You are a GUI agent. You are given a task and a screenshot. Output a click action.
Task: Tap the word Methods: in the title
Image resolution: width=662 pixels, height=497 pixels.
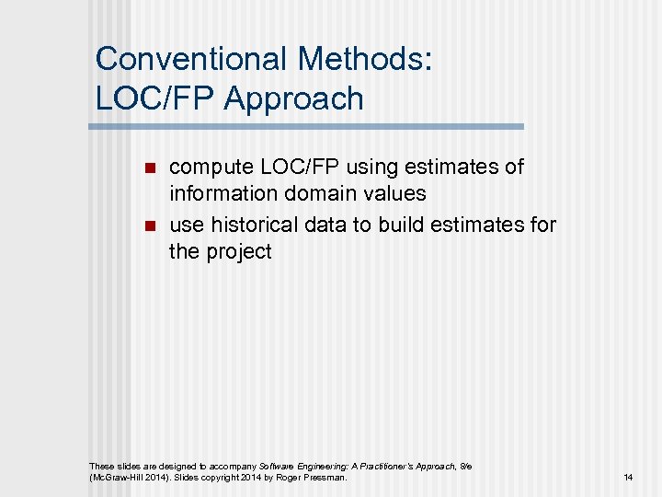pos(364,59)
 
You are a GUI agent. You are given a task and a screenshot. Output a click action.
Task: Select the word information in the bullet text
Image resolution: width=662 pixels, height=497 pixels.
pos(219,194)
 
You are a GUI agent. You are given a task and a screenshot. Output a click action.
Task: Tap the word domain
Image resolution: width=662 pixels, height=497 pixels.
pos(308,194)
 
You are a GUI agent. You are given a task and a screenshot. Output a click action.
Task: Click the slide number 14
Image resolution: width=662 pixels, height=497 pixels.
pos(628,478)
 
